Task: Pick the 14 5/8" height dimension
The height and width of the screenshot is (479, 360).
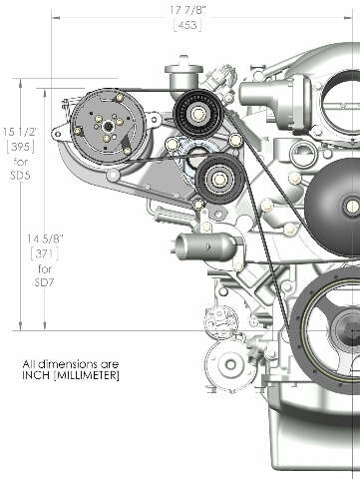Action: pos(45,239)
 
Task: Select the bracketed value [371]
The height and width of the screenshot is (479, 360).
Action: pos(45,255)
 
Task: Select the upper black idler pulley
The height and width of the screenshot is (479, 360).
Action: pos(197,113)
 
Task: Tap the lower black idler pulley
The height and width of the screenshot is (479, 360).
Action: pos(220,179)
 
